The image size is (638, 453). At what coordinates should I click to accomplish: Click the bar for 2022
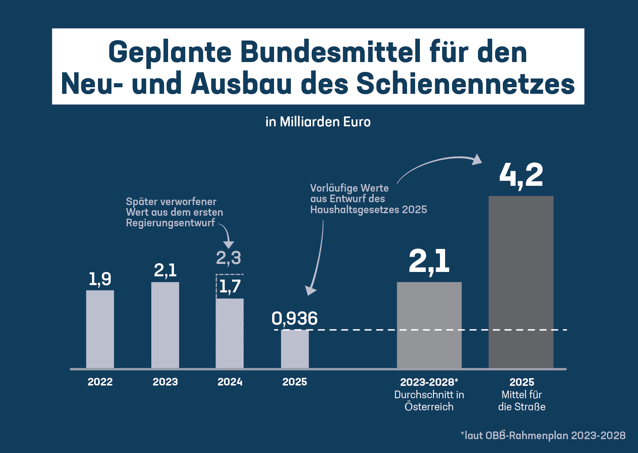coord(100,329)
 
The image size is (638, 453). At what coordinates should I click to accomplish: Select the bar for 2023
coord(165,325)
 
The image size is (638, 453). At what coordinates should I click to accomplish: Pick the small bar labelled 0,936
coord(295,349)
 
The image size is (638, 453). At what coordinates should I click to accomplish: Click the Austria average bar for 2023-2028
coord(429,325)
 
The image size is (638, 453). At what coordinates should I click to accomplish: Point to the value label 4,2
coord(521,176)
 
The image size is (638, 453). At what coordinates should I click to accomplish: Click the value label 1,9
coord(100,279)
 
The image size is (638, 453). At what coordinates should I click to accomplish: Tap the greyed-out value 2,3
coord(228,258)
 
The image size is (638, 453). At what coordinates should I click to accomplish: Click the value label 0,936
coord(295,319)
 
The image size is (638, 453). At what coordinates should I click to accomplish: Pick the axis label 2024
coord(230,382)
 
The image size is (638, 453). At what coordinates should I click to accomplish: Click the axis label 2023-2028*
coord(429,382)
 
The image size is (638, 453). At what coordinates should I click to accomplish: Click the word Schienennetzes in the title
coord(465,84)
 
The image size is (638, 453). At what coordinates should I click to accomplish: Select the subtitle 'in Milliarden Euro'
coord(318,122)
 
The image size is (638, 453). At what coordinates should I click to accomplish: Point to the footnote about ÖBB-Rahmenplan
coord(543,435)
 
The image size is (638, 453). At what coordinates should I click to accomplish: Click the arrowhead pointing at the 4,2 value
coord(476,159)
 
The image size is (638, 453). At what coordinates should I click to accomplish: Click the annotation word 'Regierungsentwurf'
coord(170,223)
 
